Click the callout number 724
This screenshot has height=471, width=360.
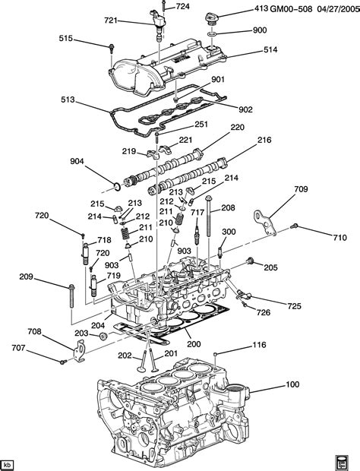tap(182, 7)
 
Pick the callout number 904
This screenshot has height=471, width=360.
tap(77, 161)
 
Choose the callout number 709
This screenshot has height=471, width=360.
tap(301, 189)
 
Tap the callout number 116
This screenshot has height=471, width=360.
tap(259, 346)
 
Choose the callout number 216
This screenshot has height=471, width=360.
tap(264, 140)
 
